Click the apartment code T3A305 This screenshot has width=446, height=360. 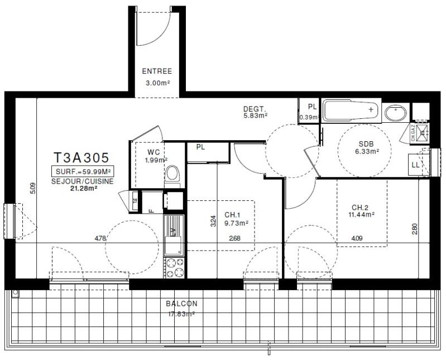[x=80, y=159]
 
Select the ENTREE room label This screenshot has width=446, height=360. [x=156, y=71]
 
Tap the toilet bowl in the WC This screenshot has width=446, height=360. [x=173, y=174]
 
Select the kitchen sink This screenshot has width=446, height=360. [x=173, y=244]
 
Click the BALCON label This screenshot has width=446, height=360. [x=181, y=304]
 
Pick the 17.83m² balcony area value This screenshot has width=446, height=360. [x=181, y=314]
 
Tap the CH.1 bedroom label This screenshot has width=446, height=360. [x=232, y=215]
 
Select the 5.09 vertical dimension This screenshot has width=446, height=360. [x=34, y=189]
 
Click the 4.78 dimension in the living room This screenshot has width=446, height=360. [x=100, y=238]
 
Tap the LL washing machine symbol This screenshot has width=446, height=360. [x=415, y=165]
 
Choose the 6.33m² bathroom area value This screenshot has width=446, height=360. [x=369, y=151]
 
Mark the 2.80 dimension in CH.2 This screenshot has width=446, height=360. [x=415, y=229]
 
